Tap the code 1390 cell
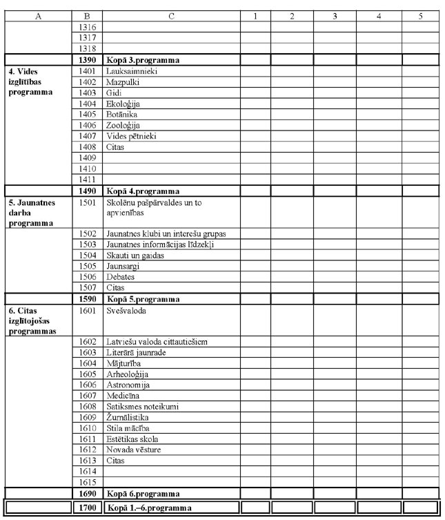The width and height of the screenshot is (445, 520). [87, 60]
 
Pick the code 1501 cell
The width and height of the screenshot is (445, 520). [87, 203]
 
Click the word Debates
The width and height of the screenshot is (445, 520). [121, 277]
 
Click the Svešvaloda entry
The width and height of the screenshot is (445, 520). [126, 311]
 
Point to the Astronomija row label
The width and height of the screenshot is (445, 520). [128, 385]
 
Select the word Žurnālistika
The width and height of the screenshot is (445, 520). [128, 418]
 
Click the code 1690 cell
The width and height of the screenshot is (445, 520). [87, 494]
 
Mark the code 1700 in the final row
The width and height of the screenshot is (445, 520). [87, 509]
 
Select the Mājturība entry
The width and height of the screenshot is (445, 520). [123, 363]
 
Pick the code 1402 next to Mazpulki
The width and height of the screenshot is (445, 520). [87, 81]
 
